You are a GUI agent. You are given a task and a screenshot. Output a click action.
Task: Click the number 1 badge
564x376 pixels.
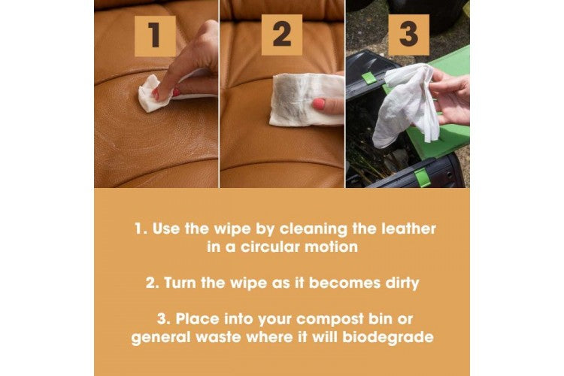point(155,35)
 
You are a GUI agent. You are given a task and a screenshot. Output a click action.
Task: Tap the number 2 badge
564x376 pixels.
point(282,35)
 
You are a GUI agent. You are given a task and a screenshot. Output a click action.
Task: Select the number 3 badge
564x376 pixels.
point(408,35)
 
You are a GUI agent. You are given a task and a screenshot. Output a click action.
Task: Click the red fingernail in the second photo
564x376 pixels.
point(319,104)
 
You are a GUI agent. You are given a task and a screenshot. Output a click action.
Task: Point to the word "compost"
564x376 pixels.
point(330,320)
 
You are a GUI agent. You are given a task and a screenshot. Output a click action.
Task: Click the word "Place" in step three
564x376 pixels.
point(198,319)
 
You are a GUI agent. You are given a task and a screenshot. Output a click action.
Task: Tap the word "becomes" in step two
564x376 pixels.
point(344,284)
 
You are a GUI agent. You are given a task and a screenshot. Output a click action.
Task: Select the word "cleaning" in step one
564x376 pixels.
point(314,229)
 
